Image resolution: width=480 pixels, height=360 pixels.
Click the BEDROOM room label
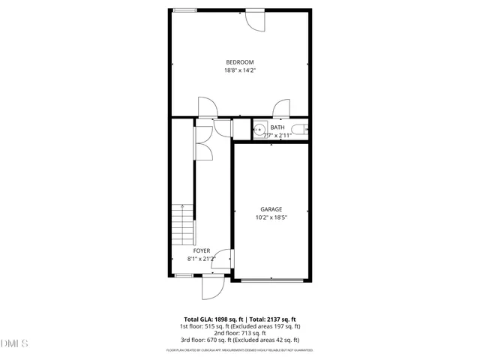tap(240, 61)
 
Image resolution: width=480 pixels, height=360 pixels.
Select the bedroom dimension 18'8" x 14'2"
tap(240, 70)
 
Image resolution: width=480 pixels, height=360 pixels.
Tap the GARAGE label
tap(271, 209)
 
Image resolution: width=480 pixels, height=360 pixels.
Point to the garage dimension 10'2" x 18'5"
tap(271, 217)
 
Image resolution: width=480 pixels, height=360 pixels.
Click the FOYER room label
tap(202, 250)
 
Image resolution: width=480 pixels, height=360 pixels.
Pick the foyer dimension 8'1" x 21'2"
tap(202, 259)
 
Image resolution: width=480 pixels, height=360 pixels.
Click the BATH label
tap(277, 127)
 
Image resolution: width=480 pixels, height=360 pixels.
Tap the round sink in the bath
tap(261, 130)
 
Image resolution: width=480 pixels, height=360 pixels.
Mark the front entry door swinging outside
tap(212, 287)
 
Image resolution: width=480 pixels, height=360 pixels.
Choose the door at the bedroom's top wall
tap(256, 20)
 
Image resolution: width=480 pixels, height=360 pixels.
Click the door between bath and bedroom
tap(282, 109)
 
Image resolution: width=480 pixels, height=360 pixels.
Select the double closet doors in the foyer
tap(202, 142)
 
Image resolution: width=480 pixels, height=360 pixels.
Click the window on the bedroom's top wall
tap(184, 10)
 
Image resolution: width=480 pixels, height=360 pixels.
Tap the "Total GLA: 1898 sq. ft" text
tap(212, 319)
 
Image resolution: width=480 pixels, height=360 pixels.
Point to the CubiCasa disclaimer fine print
tap(240, 350)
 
